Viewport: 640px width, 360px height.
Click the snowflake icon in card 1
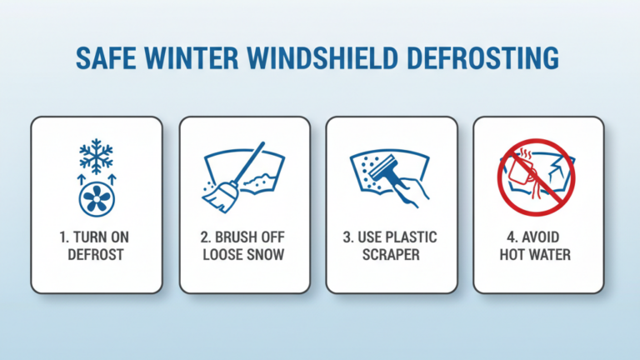[x=96, y=157]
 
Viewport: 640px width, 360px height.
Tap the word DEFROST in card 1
[x=97, y=252]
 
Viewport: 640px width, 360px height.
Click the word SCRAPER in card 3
[x=391, y=252]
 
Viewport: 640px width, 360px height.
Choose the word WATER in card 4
[x=552, y=252]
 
